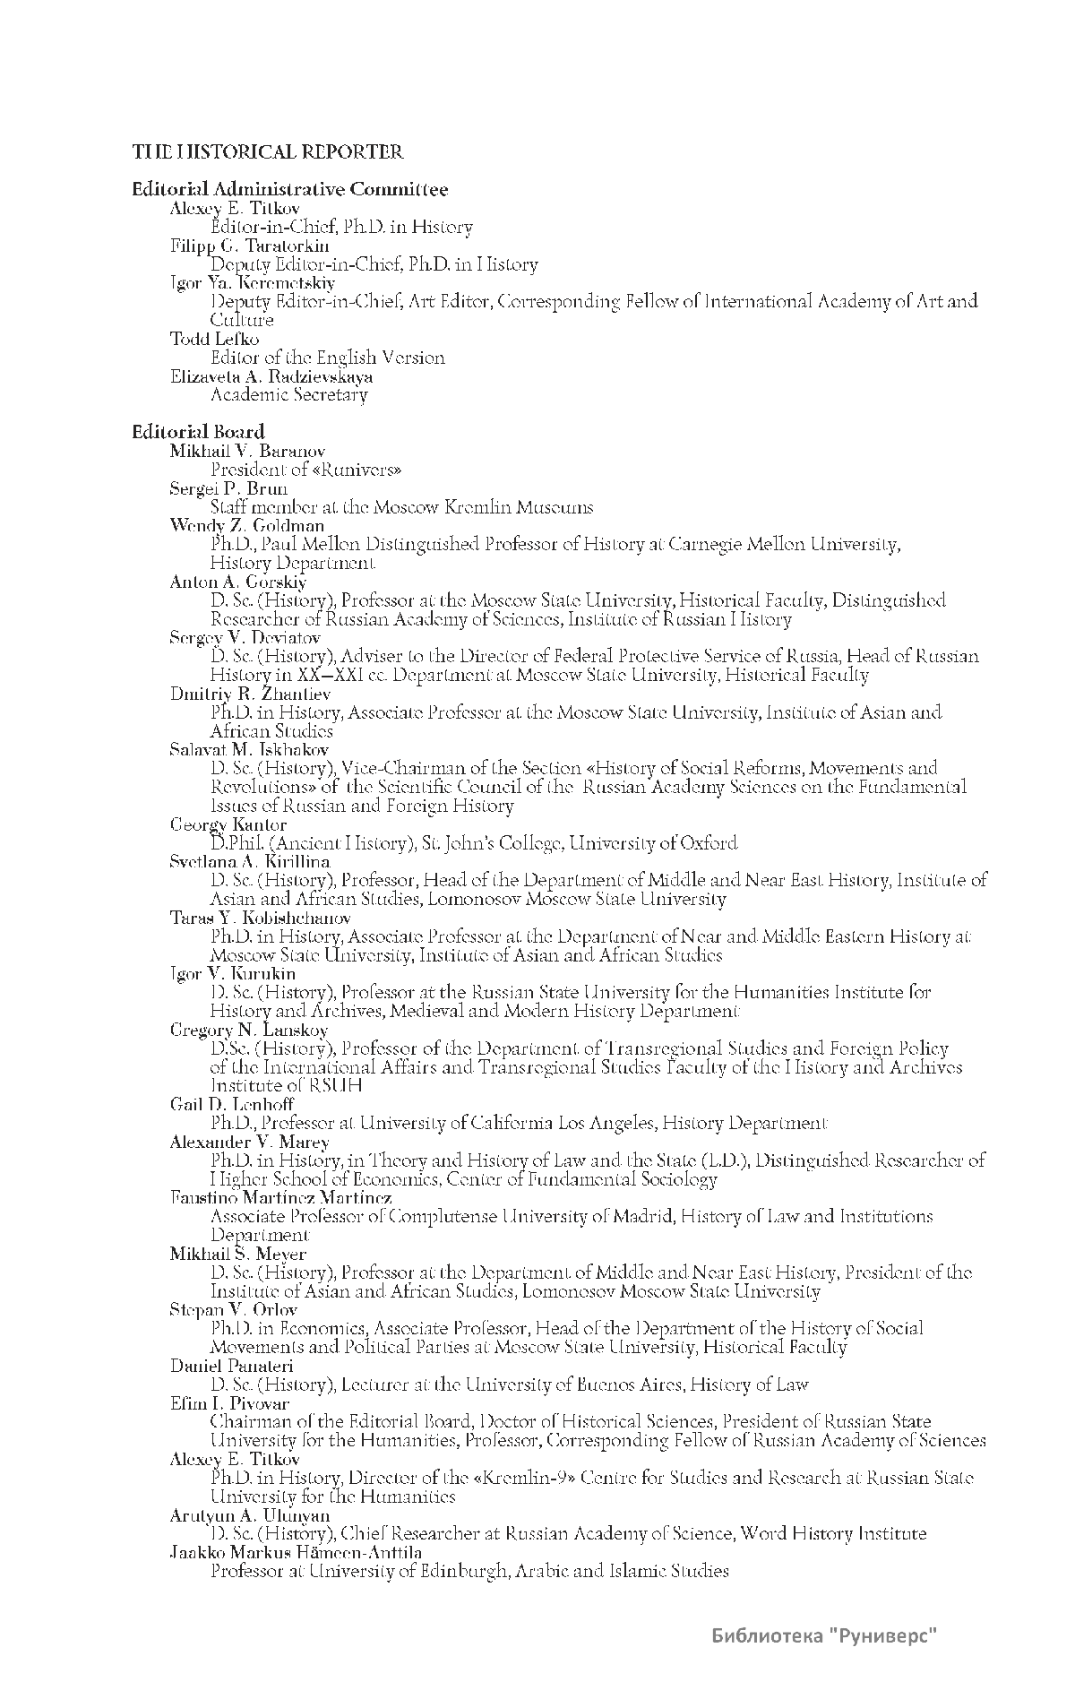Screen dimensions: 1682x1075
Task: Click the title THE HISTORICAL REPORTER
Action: pos(268,152)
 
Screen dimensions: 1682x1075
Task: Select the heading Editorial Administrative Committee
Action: pos(289,189)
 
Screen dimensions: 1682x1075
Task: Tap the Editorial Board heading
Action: pos(198,432)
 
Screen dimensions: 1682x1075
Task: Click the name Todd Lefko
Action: pos(215,339)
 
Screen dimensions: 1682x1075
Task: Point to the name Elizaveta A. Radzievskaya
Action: pos(271,376)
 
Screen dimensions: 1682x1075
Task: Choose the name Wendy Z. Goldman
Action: pos(247,525)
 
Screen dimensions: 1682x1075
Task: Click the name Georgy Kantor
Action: pos(228,824)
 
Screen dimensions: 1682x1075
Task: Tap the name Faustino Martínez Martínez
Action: pos(281,1197)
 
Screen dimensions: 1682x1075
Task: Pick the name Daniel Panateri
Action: pos(232,1366)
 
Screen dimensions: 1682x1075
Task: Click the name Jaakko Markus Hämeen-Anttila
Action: pos(296,1552)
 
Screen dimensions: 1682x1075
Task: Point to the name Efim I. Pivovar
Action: pos(229,1403)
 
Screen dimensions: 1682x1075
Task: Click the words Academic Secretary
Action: pos(288,395)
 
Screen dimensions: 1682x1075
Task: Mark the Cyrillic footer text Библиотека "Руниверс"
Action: pos(824,1636)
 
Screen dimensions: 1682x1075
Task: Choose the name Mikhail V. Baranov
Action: pos(247,451)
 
